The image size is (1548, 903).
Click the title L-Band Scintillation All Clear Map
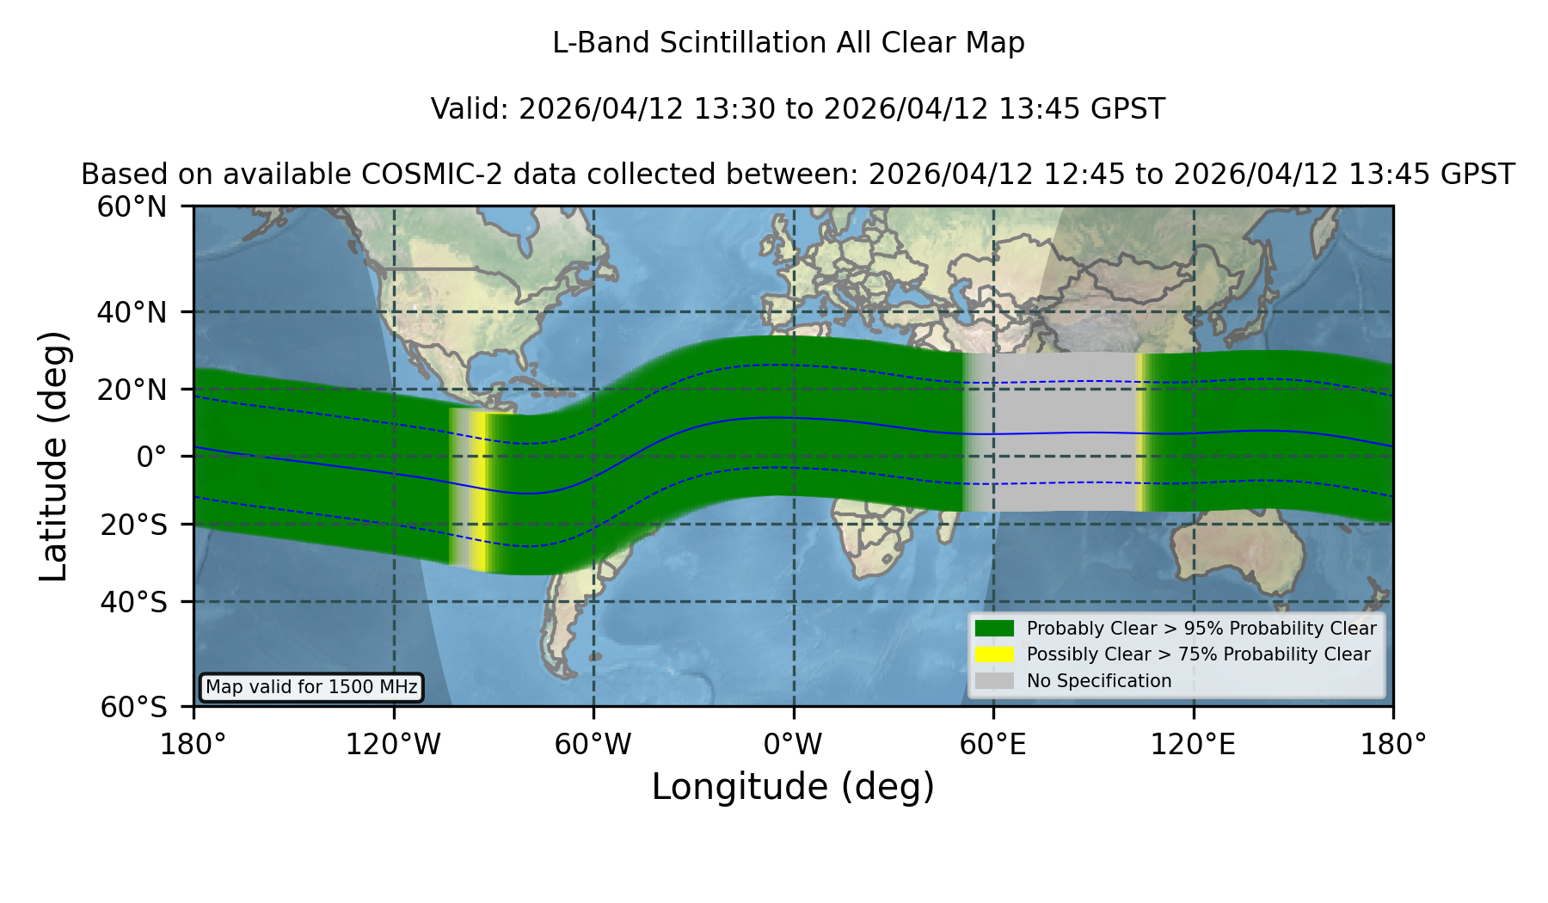(x=788, y=43)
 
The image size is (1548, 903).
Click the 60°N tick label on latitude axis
(x=132, y=207)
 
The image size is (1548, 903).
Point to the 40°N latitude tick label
(x=132, y=312)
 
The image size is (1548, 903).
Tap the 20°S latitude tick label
(x=134, y=525)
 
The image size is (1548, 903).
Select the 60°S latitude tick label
(x=134, y=708)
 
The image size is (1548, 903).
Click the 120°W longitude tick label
(x=394, y=745)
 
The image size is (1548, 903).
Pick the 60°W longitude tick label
(x=593, y=745)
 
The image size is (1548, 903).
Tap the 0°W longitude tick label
(x=794, y=745)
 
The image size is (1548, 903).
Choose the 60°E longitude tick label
(x=993, y=745)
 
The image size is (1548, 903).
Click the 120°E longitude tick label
(x=1194, y=745)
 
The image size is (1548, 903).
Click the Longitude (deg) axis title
(x=793, y=788)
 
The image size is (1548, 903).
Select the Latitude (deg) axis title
(x=54, y=456)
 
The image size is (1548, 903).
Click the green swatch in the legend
(x=995, y=629)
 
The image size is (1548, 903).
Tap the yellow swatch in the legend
(x=995, y=654)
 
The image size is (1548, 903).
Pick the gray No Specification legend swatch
(x=995, y=681)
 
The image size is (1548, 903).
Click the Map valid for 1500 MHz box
(x=311, y=687)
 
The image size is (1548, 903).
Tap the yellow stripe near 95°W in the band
(x=482, y=492)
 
